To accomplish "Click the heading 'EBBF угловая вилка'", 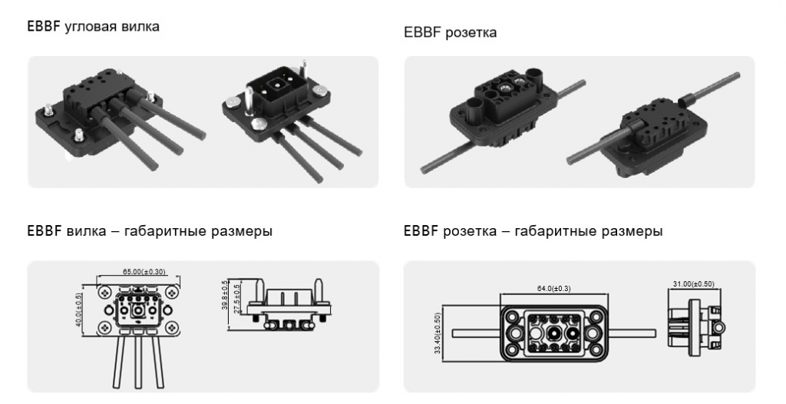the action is tap(93, 26).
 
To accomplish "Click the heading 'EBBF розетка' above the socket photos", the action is tap(450, 32).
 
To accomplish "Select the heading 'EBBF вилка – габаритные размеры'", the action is tap(150, 231).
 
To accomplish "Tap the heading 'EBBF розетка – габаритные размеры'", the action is tap(533, 231).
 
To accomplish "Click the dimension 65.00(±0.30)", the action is tap(144, 272).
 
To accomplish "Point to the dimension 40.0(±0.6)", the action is tap(79, 310).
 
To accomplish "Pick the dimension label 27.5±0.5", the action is tap(237, 298).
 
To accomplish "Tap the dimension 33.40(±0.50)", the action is tap(438, 334).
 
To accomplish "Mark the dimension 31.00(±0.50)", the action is tap(694, 284).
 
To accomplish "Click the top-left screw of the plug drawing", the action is tap(104, 292).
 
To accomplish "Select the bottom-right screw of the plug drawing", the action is tap(171, 327).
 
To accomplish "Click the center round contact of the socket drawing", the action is tap(554, 333).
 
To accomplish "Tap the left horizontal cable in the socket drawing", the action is tap(477, 333).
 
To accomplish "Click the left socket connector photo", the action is tap(501, 118).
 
